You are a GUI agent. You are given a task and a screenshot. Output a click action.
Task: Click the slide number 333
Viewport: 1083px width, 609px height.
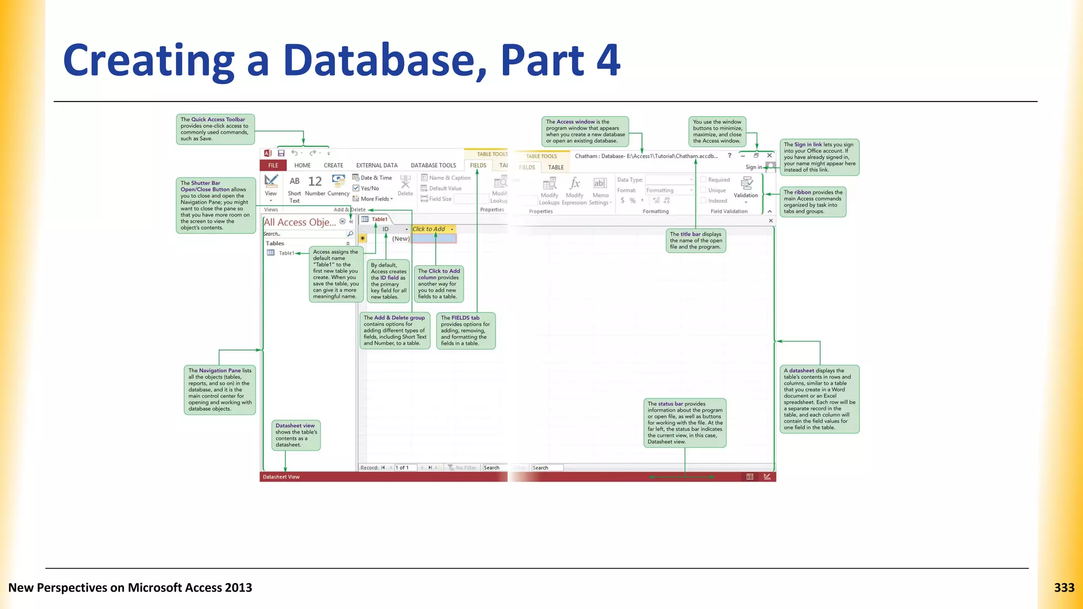(1064, 588)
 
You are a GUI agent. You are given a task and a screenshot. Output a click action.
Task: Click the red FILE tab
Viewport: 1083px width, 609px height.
(273, 165)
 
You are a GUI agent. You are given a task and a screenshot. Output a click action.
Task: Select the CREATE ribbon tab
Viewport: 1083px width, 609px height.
(333, 165)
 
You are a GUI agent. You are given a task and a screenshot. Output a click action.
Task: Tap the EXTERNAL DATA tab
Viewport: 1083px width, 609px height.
(377, 165)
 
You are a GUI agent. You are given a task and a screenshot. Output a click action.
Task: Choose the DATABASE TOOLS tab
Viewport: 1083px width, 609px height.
(433, 165)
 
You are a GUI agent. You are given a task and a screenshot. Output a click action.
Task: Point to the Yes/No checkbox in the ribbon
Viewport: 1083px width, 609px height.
(356, 188)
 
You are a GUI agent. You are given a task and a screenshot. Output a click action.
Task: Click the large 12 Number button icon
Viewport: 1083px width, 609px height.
(315, 182)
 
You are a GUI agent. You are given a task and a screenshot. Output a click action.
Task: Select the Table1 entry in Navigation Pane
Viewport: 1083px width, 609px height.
(286, 253)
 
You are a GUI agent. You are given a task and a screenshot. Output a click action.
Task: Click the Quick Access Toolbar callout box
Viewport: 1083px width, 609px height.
(215, 130)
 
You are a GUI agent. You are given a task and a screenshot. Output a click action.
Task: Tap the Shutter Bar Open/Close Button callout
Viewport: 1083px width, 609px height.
(216, 206)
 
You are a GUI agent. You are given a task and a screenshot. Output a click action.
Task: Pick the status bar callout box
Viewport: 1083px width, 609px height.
(685, 423)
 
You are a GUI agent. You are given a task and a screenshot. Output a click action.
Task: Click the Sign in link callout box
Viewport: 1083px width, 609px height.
(819, 157)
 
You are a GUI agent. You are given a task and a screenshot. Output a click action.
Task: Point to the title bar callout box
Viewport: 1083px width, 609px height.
(696, 241)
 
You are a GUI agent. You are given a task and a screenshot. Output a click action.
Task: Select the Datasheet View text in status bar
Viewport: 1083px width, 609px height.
(281, 477)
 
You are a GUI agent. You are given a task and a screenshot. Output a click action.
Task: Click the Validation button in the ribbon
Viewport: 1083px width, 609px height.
(746, 188)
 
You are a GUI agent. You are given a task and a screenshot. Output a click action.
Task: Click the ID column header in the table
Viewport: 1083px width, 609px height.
(386, 229)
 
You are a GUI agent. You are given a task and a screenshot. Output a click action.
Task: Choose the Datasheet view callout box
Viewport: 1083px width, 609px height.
(296, 435)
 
